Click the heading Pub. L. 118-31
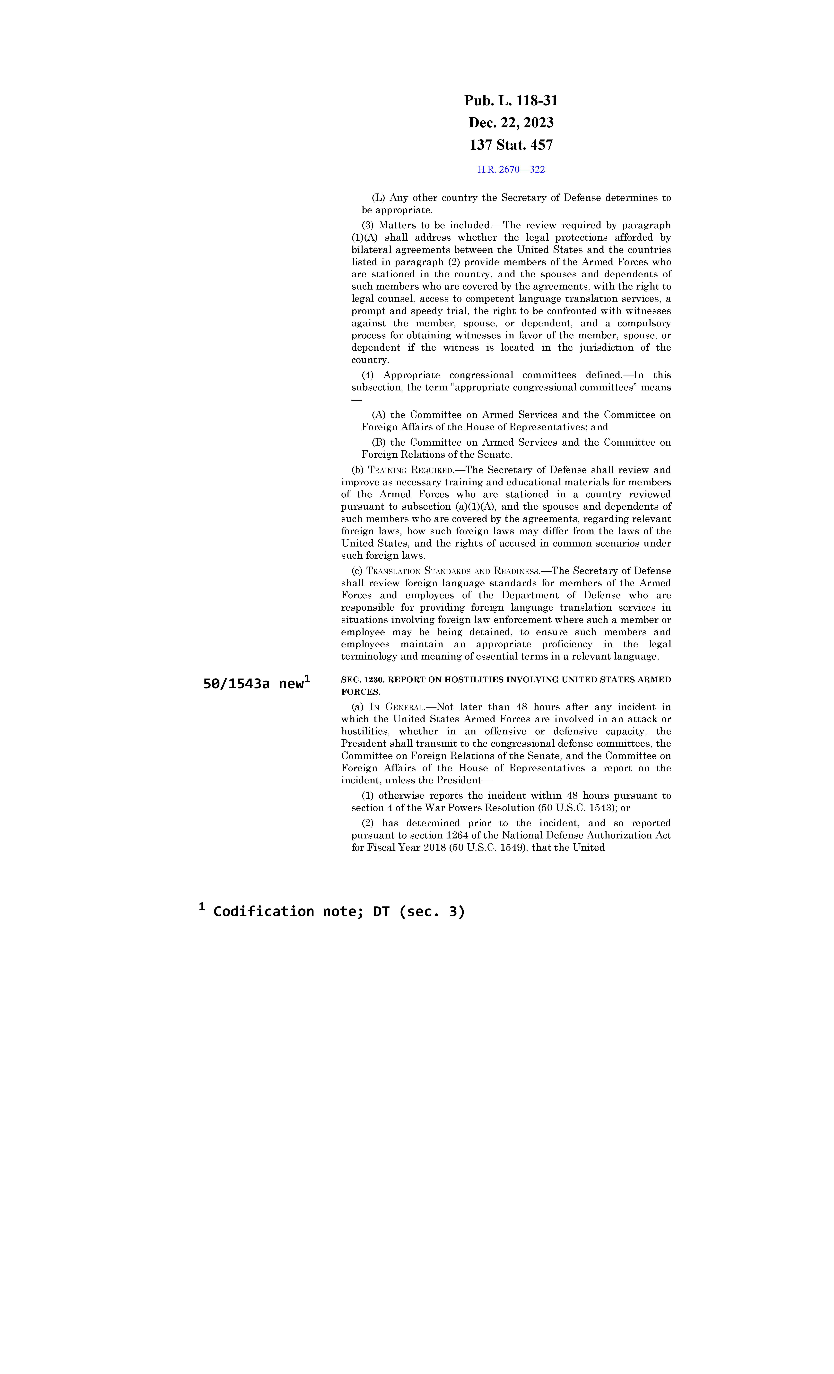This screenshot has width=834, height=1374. tap(511, 101)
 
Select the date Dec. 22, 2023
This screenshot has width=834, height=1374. tap(511, 123)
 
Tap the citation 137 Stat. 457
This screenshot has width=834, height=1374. tap(511, 145)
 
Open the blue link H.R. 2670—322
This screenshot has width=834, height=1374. tap(511, 169)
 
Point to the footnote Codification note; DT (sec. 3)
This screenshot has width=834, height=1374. tap(338, 911)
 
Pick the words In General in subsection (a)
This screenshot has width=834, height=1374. tap(398, 707)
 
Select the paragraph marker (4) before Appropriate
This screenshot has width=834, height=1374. tap(368, 375)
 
